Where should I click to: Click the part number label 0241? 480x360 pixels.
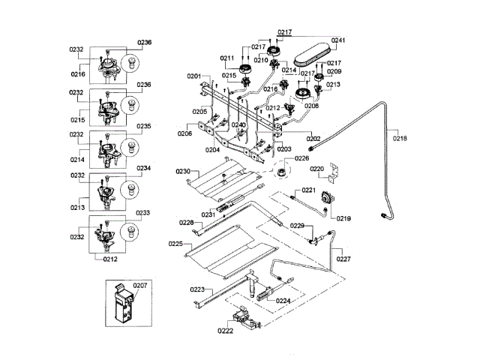tap(338, 40)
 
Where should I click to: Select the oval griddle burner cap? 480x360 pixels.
tap(313, 54)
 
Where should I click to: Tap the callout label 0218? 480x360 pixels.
tap(400, 138)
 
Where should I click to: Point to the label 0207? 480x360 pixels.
tap(140, 285)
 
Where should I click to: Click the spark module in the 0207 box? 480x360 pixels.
tap(123, 303)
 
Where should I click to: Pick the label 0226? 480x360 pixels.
tap(301, 158)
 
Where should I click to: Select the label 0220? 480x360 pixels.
tap(316, 169)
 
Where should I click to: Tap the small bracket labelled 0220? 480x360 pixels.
tap(333, 173)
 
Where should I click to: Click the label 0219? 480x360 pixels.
tap(343, 218)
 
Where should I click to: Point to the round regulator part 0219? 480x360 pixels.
tap(328, 198)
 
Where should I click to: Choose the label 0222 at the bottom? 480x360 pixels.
tap(225, 331)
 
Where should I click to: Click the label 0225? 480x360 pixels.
tap(175, 244)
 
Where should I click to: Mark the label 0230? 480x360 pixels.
tap(183, 171)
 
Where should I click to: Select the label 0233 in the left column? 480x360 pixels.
tap(143, 213)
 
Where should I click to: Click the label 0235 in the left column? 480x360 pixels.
tap(144, 126)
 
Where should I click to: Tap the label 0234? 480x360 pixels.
tap(144, 168)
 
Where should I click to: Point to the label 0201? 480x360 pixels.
tap(194, 76)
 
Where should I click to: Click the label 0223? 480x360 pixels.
tap(197, 289)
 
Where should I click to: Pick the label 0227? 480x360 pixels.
tap(343, 259)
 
